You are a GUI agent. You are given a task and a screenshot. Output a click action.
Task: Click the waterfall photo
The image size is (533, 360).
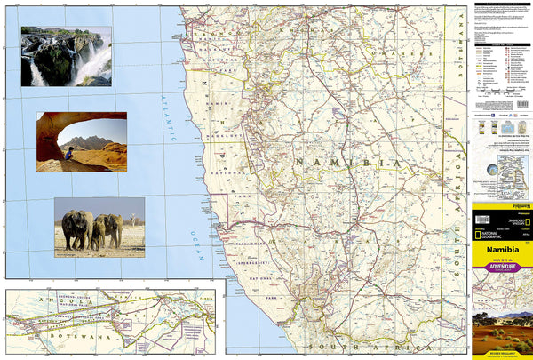click(66, 56)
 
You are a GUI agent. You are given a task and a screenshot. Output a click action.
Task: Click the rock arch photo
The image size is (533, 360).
click(82, 141)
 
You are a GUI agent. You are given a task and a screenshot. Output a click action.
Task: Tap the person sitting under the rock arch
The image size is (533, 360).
click(70, 154)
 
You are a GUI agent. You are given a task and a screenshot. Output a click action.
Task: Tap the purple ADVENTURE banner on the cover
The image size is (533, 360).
click(503, 265)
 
